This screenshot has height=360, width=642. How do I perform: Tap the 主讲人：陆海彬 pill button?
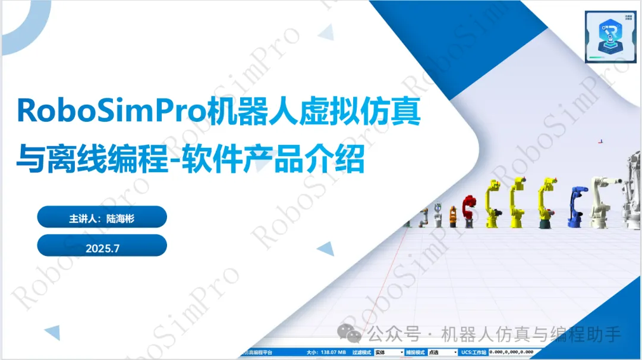click(x=102, y=218)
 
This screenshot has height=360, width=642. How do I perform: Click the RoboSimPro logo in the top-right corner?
click(x=610, y=36)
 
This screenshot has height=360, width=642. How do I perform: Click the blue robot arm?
click(x=576, y=207)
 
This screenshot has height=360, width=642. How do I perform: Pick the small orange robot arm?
click(x=453, y=216)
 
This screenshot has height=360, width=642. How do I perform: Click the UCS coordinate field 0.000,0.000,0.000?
click(x=511, y=352)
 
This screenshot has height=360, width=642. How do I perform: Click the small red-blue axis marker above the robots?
click(x=600, y=141)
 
